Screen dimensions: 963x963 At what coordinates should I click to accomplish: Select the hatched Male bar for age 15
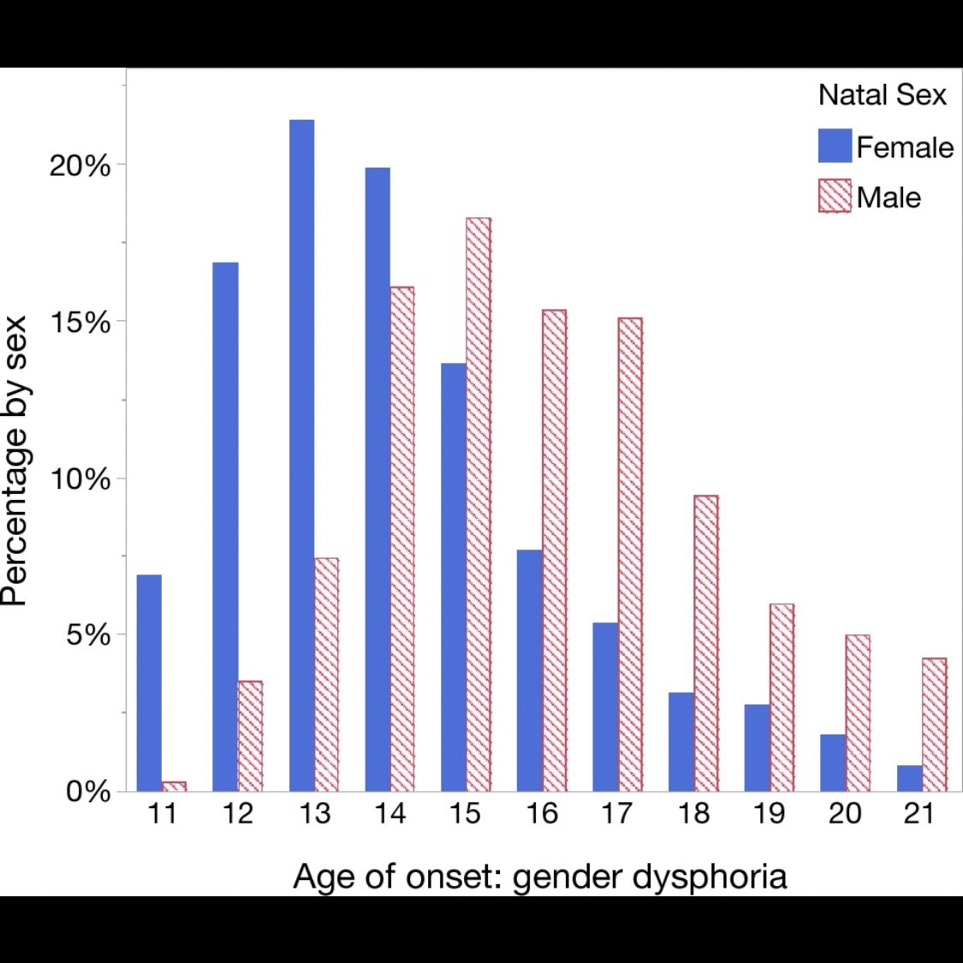pos(479,504)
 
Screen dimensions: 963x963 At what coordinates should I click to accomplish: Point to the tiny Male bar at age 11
pos(174,786)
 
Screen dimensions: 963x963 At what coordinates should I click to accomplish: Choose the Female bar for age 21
pos(910,778)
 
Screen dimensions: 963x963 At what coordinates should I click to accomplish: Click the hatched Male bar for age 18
pos(706,643)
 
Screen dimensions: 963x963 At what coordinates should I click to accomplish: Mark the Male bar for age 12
pos(250,735)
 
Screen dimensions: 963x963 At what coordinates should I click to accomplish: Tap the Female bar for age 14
pos(377,479)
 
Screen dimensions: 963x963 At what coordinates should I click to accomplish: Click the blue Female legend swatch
pos(835,146)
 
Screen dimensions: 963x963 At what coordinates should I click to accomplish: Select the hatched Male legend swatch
pos(835,196)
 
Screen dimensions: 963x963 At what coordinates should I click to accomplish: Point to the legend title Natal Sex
pos(882,94)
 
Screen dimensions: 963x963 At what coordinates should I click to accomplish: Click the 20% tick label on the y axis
pos(80,165)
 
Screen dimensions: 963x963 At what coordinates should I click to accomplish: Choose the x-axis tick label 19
pos(769,813)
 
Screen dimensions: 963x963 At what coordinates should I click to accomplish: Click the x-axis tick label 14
pos(389,813)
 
